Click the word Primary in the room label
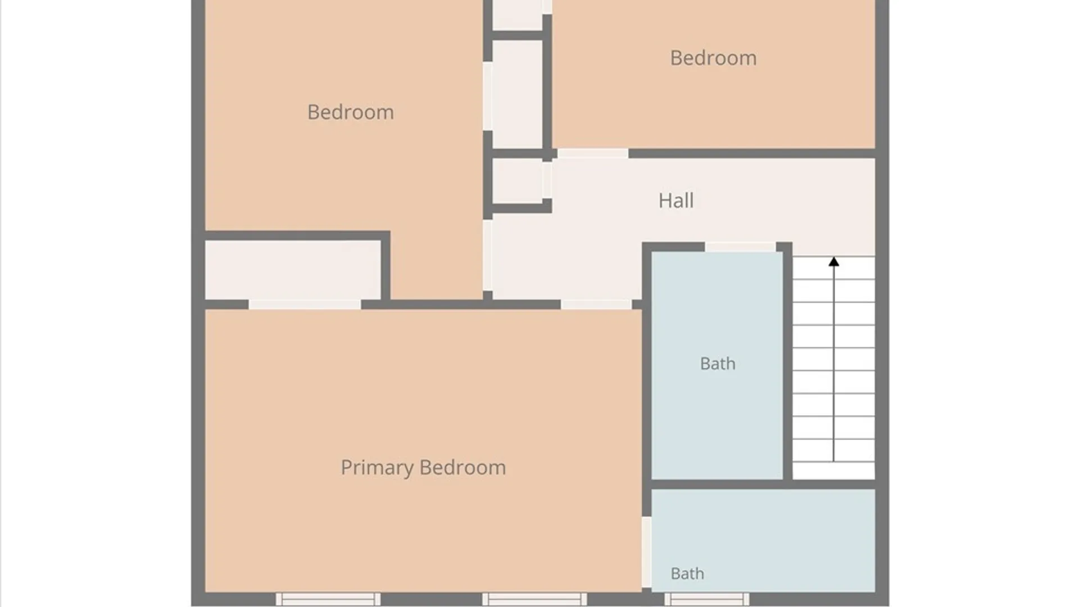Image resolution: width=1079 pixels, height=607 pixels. (x=377, y=468)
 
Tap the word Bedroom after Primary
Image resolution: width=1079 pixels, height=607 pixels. (x=463, y=468)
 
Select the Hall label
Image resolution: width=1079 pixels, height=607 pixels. (x=676, y=201)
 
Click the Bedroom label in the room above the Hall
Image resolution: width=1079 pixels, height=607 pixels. (x=713, y=58)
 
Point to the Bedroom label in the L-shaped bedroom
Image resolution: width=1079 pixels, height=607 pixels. (x=351, y=112)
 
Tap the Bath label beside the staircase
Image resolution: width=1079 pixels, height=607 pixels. (x=718, y=364)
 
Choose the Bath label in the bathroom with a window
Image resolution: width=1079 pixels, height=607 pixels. (x=687, y=573)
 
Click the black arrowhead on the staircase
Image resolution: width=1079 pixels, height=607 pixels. (x=834, y=262)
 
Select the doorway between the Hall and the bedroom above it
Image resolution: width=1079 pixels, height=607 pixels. (x=593, y=153)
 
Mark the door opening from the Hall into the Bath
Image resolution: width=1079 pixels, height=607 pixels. (x=741, y=247)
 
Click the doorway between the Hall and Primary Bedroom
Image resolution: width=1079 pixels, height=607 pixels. (x=596, y=305)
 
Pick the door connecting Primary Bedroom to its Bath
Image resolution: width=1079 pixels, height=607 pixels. (x=647, y=552)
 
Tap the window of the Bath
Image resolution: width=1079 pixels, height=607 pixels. (x=707, y=599)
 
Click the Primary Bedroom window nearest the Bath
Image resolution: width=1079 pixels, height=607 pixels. (x=534, y=599)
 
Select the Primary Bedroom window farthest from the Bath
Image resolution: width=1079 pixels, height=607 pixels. (x=328, y=599)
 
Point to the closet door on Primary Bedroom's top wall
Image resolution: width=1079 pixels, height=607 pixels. (x=305, y=305)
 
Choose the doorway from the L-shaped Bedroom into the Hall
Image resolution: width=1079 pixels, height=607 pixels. (x=488, y=256)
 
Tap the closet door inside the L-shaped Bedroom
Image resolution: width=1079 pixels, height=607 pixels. (x=488, y=96)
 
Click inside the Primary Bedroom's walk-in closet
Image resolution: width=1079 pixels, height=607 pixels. (x=292, y=270)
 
